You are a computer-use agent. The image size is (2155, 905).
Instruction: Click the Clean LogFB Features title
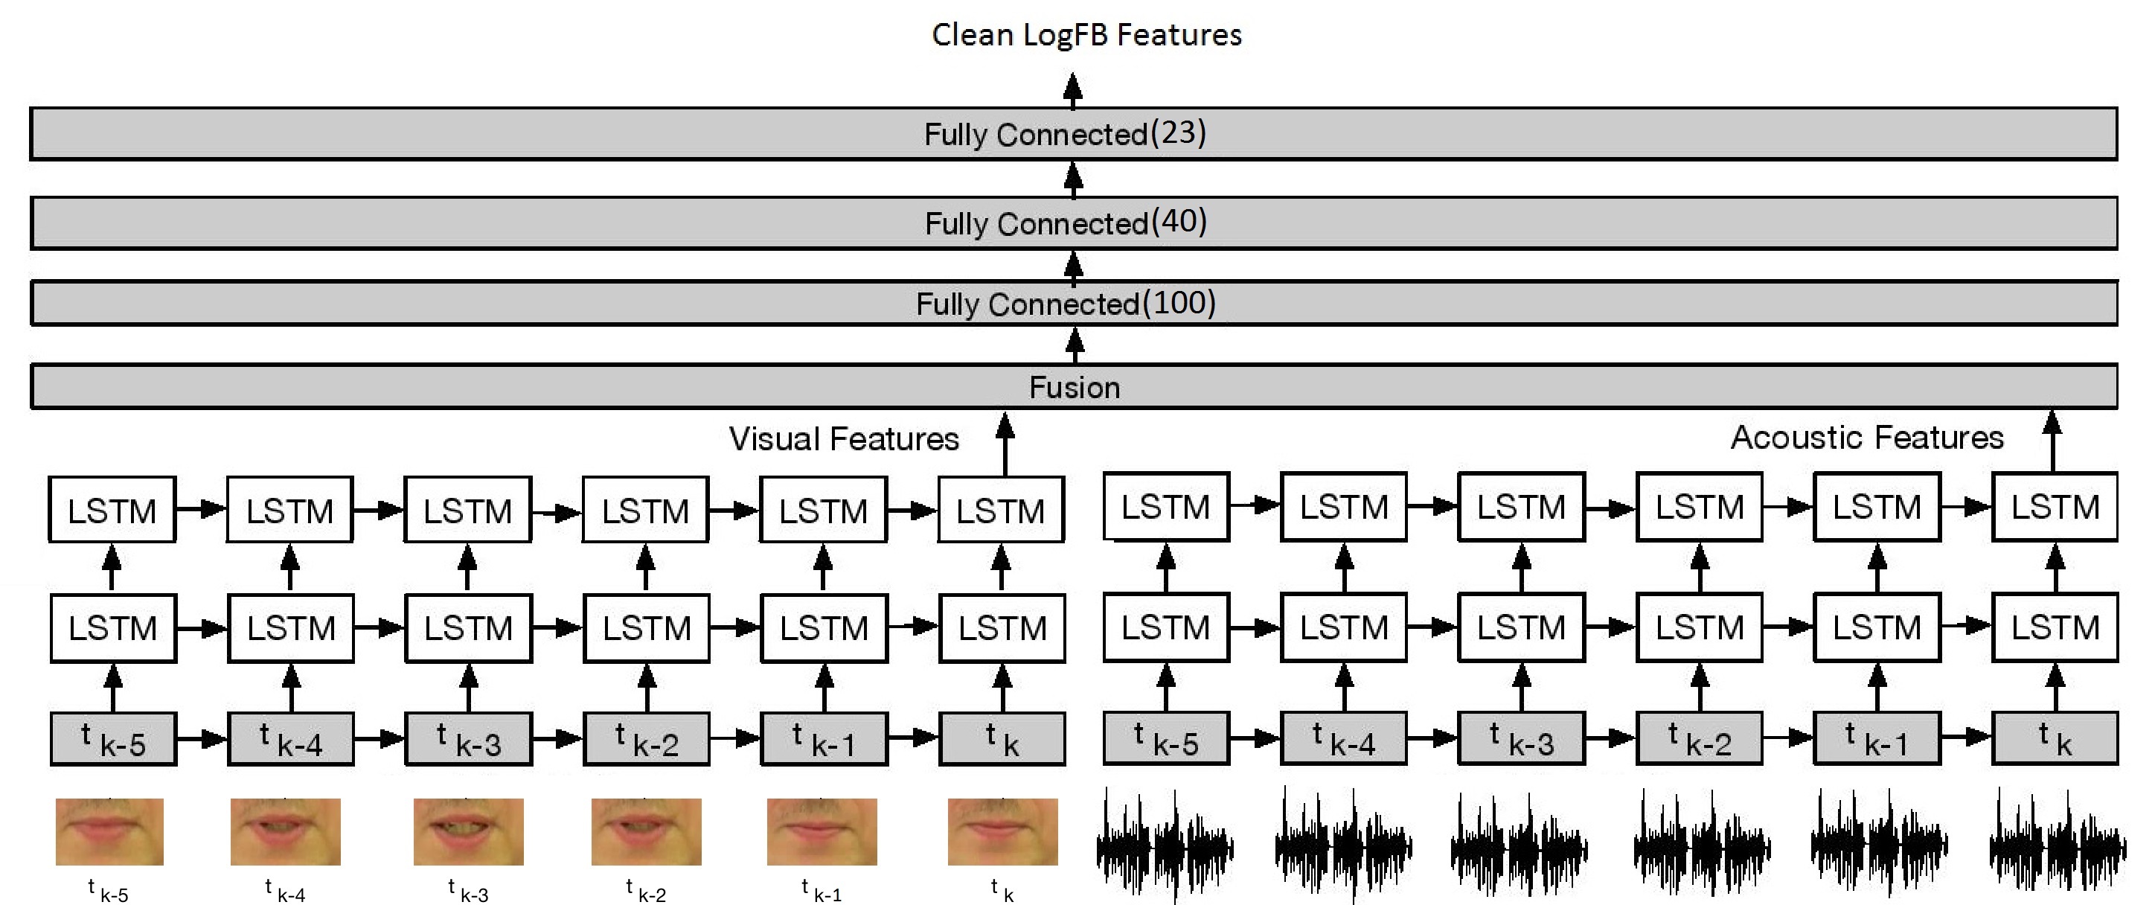(x=1086, y=35)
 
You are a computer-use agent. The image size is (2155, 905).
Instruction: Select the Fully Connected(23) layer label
(x=1064, y=134)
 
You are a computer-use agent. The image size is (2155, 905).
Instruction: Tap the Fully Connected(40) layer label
(x=1065, y=223)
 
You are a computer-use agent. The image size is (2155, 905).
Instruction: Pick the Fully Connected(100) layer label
(x=1065, y=304)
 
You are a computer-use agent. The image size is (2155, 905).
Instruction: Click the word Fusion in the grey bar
(x=1075, y=388)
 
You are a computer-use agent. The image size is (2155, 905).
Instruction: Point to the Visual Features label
(x=843, y=439)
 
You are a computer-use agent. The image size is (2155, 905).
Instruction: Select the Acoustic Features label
(x=1866, y=438)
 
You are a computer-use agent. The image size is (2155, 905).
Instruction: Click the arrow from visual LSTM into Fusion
(x=1005, y=444)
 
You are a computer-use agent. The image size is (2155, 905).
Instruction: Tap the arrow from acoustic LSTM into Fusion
(x=2052, y=440)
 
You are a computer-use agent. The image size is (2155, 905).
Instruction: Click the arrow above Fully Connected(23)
(x=1072, y=90)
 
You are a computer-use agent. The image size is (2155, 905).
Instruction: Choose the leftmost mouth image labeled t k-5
(x=109, y=831)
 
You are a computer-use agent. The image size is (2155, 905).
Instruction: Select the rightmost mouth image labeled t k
(x=1002, y=831)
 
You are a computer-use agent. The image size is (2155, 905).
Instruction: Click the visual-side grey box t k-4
(x=290, y=739)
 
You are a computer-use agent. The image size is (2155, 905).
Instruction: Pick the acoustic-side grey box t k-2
(x=1699, y=738)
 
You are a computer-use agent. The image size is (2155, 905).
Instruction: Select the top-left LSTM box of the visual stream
(x=112, y=511)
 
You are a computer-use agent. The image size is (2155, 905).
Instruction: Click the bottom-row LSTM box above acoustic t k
(x=2055, y=627)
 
